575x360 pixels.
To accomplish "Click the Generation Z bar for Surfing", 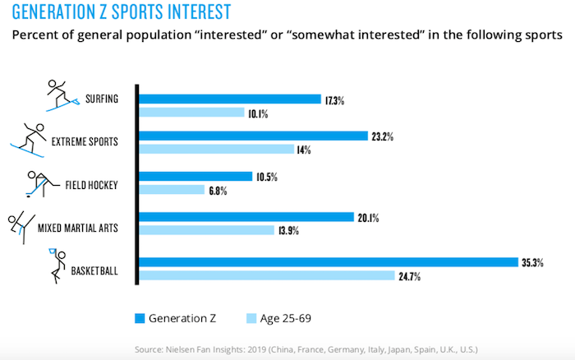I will coord(229,99).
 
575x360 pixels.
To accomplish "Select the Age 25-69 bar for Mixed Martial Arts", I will coord(206,231).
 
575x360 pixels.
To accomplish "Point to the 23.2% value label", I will coord(382,136).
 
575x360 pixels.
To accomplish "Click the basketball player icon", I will coord(56,265).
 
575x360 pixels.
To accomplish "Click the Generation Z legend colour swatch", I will coord(140,316).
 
